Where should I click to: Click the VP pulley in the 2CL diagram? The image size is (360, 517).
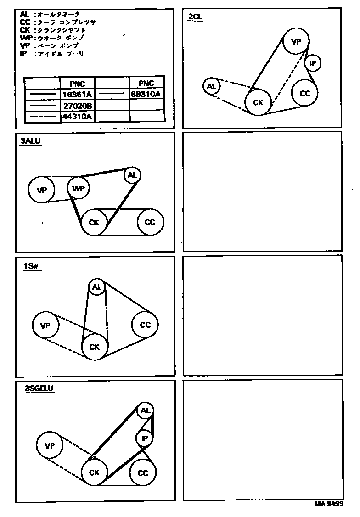[296, 42]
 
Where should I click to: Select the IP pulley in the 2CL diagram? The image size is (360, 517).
[313, 63]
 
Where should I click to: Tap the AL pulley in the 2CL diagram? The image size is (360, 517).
[211, 86]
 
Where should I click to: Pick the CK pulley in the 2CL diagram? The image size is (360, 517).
[258, 102]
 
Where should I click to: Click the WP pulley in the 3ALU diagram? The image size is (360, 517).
[78, 188]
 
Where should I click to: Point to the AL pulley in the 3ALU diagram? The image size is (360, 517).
[132, 175]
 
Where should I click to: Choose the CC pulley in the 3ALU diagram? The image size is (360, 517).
[150, 222]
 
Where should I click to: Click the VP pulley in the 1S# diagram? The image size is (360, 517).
[45, 326]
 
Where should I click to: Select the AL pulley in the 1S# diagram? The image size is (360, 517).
[96, 287]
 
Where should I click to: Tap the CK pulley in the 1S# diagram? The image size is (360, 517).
[95, 347]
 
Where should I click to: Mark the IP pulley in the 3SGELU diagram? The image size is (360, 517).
[144, 438]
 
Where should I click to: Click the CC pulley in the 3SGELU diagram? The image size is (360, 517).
[143, 473]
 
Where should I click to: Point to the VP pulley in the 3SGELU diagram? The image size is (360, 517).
[50, 445]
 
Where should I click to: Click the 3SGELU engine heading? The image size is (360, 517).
[39, 388]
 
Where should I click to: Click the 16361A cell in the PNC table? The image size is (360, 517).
[78, 94]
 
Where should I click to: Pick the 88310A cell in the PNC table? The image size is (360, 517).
[146, 94]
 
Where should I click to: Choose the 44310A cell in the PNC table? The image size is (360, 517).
[78, 117]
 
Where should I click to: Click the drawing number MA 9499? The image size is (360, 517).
[329, 504]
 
